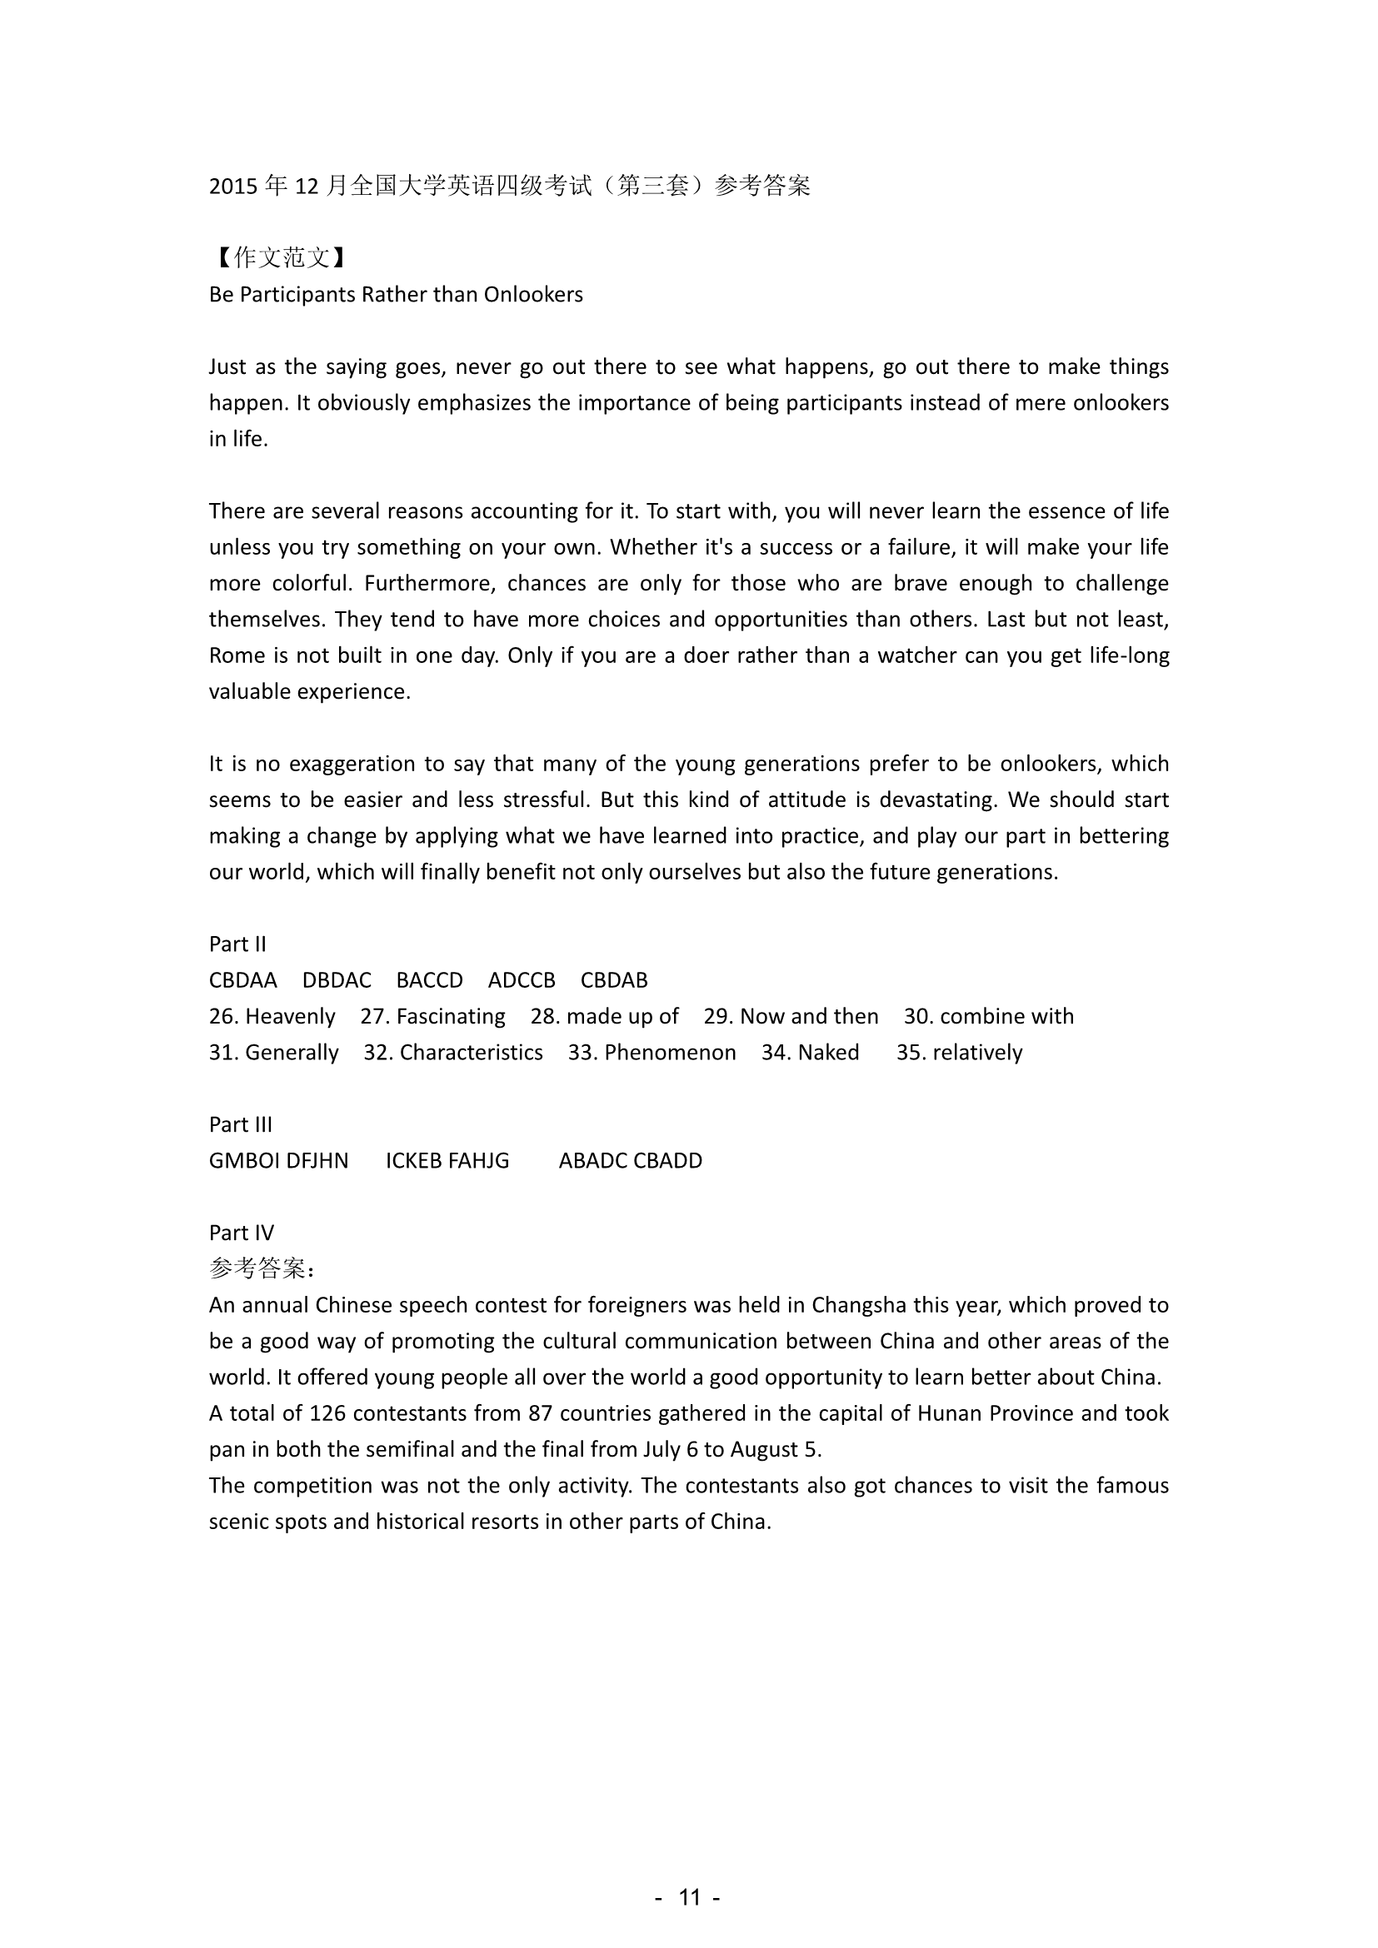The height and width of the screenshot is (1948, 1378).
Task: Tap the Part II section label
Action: click(x=237, y=944)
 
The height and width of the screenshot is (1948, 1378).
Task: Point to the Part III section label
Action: click(x=240, y=1124)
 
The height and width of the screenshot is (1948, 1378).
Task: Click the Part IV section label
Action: click(x=241, y=1233)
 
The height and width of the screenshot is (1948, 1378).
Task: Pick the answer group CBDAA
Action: click(x=242, y=981)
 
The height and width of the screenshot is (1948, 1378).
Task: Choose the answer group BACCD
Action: click(x=429, y=981)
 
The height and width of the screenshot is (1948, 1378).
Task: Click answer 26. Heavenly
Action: click(x=272, y=1016)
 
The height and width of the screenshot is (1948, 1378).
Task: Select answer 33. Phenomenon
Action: click(x=652, y=1053)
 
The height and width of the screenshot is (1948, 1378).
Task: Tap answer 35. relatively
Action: click(x=959, y=1053)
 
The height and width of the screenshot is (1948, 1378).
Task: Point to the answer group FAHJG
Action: click(x=477, y=1161)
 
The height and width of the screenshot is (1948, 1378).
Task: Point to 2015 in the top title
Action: click(x=233, y=186)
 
